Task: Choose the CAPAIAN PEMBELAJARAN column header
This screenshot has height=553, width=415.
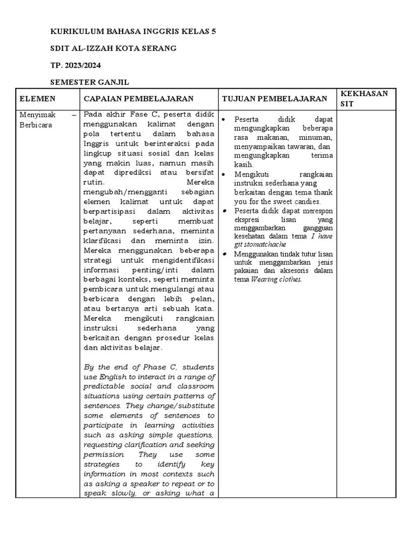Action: [x=138, y=99]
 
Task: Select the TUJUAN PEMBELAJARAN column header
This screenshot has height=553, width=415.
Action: [x=275, y=99]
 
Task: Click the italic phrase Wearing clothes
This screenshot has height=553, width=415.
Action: [x=277, y=280]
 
